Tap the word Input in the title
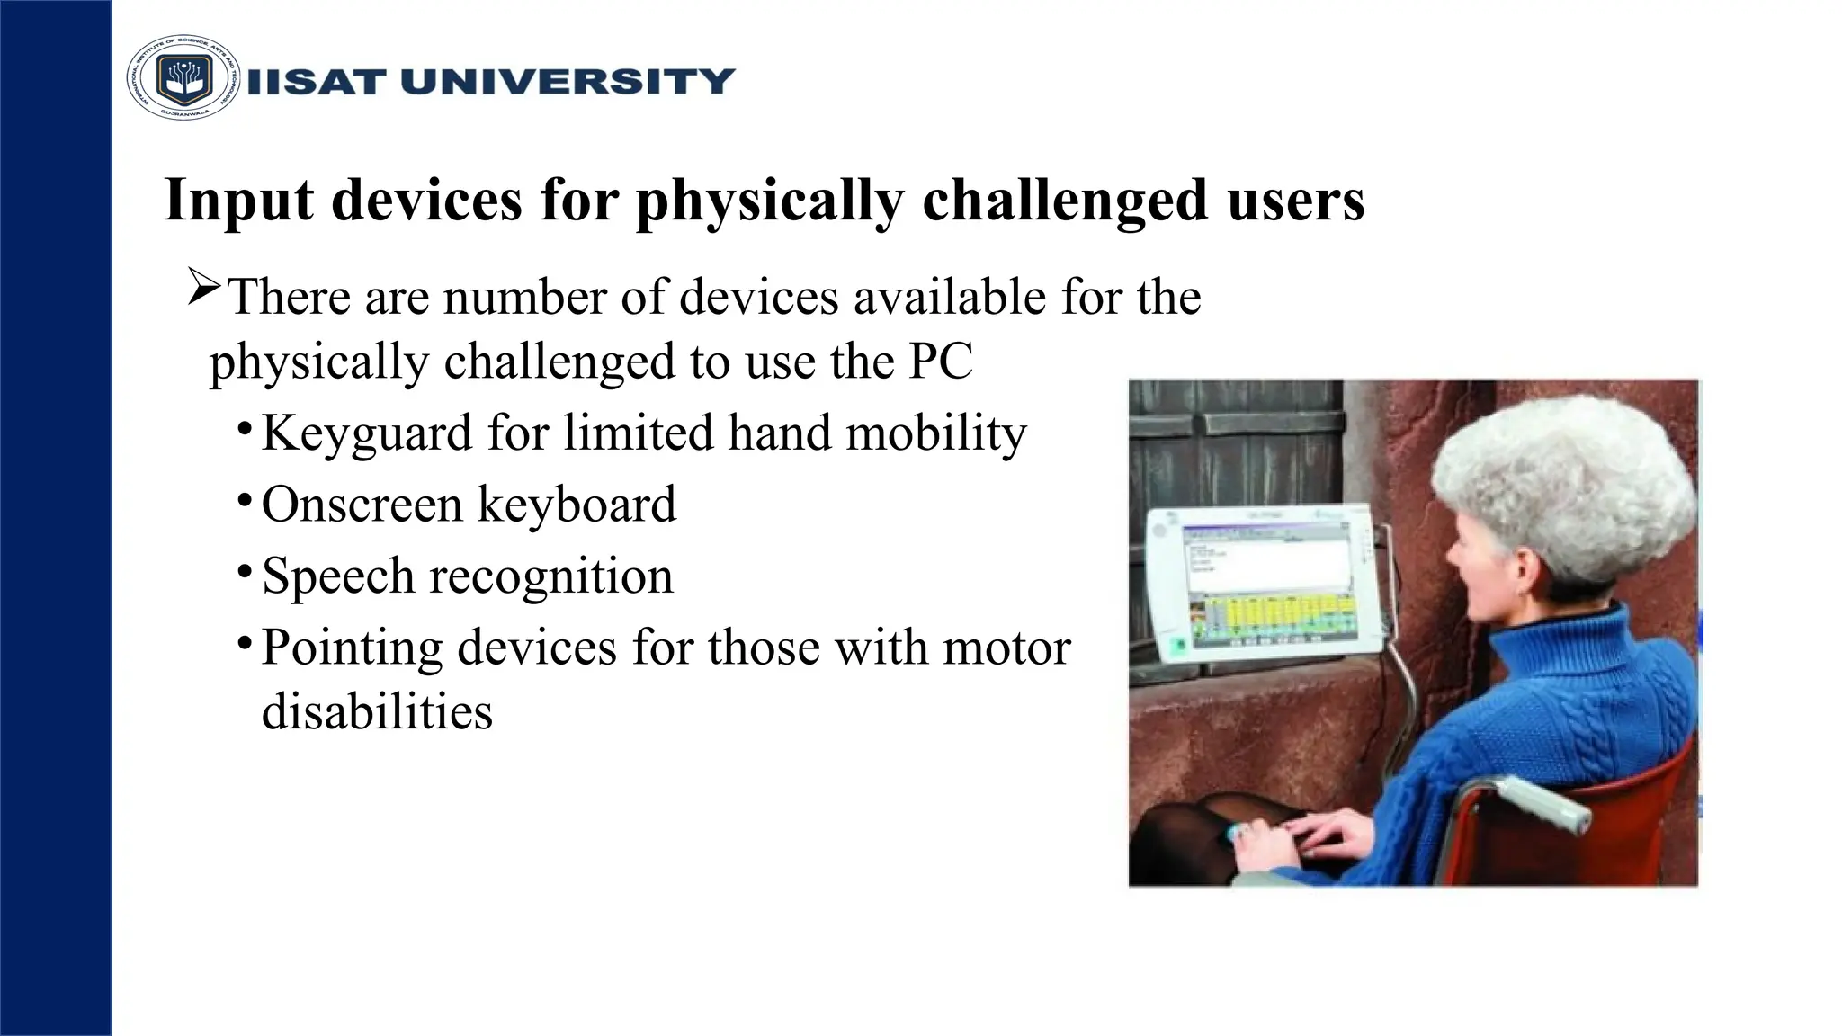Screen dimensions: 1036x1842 238,200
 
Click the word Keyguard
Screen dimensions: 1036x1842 366,433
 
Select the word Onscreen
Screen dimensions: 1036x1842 361,504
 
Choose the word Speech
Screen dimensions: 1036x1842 338,576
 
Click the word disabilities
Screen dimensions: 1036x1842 377,711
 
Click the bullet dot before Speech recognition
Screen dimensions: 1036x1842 245,571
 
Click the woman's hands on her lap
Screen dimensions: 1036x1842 1295,836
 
